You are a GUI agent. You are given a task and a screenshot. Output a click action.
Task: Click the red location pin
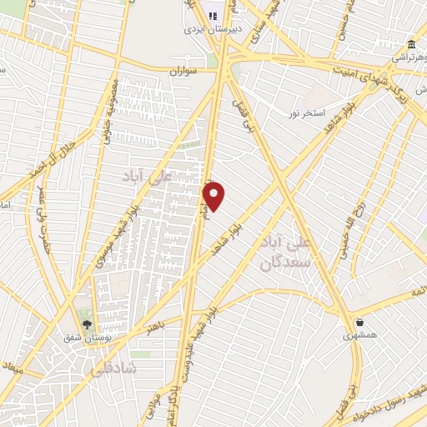pyautogui.click(x=214, y=195)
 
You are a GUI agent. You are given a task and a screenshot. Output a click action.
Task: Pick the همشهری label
pyautogui.click(x=359, y=335)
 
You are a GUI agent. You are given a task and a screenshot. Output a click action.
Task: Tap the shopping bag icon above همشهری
pyautogui.click(x=359, y=322)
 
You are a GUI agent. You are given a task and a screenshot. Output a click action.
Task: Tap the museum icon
pyautogui.click(x=411, y=45)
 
